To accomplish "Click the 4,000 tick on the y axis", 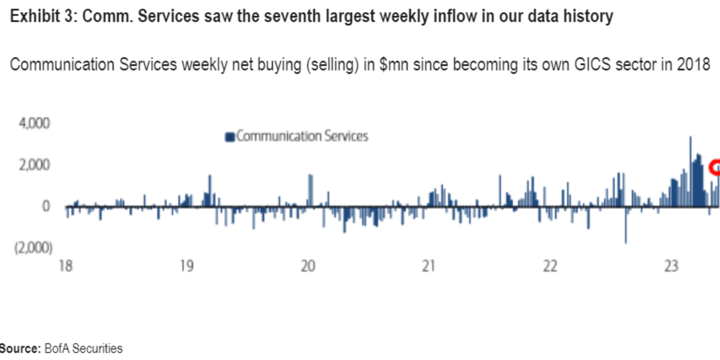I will [x=34, y=123].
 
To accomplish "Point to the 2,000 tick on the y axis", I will [x=34, y=165].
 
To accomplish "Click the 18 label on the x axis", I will [x=66, y=266].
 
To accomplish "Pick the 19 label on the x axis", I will [x=187, y=266].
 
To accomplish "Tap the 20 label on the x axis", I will [x=308, y=266].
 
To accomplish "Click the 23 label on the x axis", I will [x=670, y=266].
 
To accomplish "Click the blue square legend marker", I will [x=229, y=137].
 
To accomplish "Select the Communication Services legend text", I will [x=302, y=136].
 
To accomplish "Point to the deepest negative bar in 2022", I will [x=625, y=224].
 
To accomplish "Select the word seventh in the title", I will [x=276, y=17].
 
